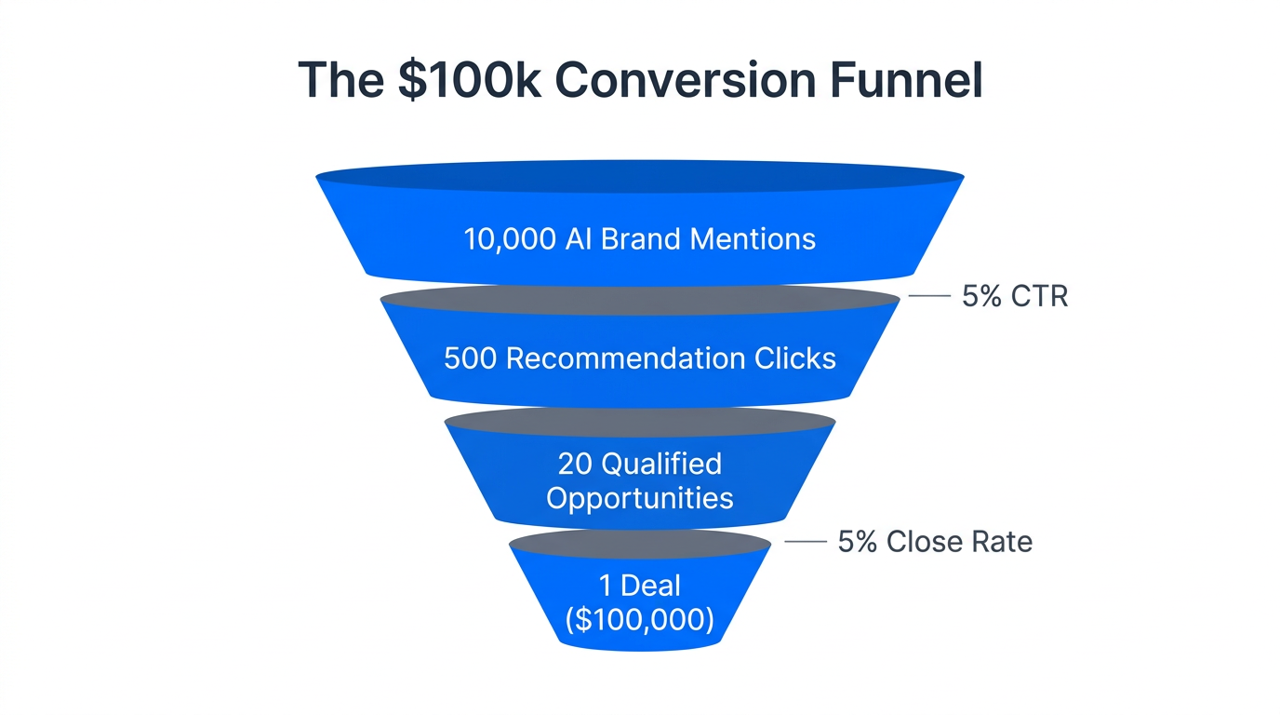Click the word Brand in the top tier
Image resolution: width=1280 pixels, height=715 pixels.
tap(642, 239)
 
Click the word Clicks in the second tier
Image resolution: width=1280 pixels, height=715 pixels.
tap(796, 358)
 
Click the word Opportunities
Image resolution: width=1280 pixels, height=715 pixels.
tap(640, 497)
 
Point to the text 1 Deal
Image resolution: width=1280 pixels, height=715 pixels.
tap(639, 586)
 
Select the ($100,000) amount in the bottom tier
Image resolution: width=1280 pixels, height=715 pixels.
tap(639, 619)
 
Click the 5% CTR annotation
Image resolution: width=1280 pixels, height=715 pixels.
tap(1015, 296)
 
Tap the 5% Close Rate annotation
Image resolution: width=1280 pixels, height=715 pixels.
tap(935, 542)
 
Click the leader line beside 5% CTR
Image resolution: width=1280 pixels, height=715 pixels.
tap(928, 296)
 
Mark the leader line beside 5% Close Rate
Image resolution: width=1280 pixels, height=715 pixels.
tap(806, 542)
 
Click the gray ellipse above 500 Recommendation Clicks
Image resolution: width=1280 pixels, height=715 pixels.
tap(640, 301)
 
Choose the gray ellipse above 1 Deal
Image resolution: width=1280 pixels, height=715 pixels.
tap(640, 545)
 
